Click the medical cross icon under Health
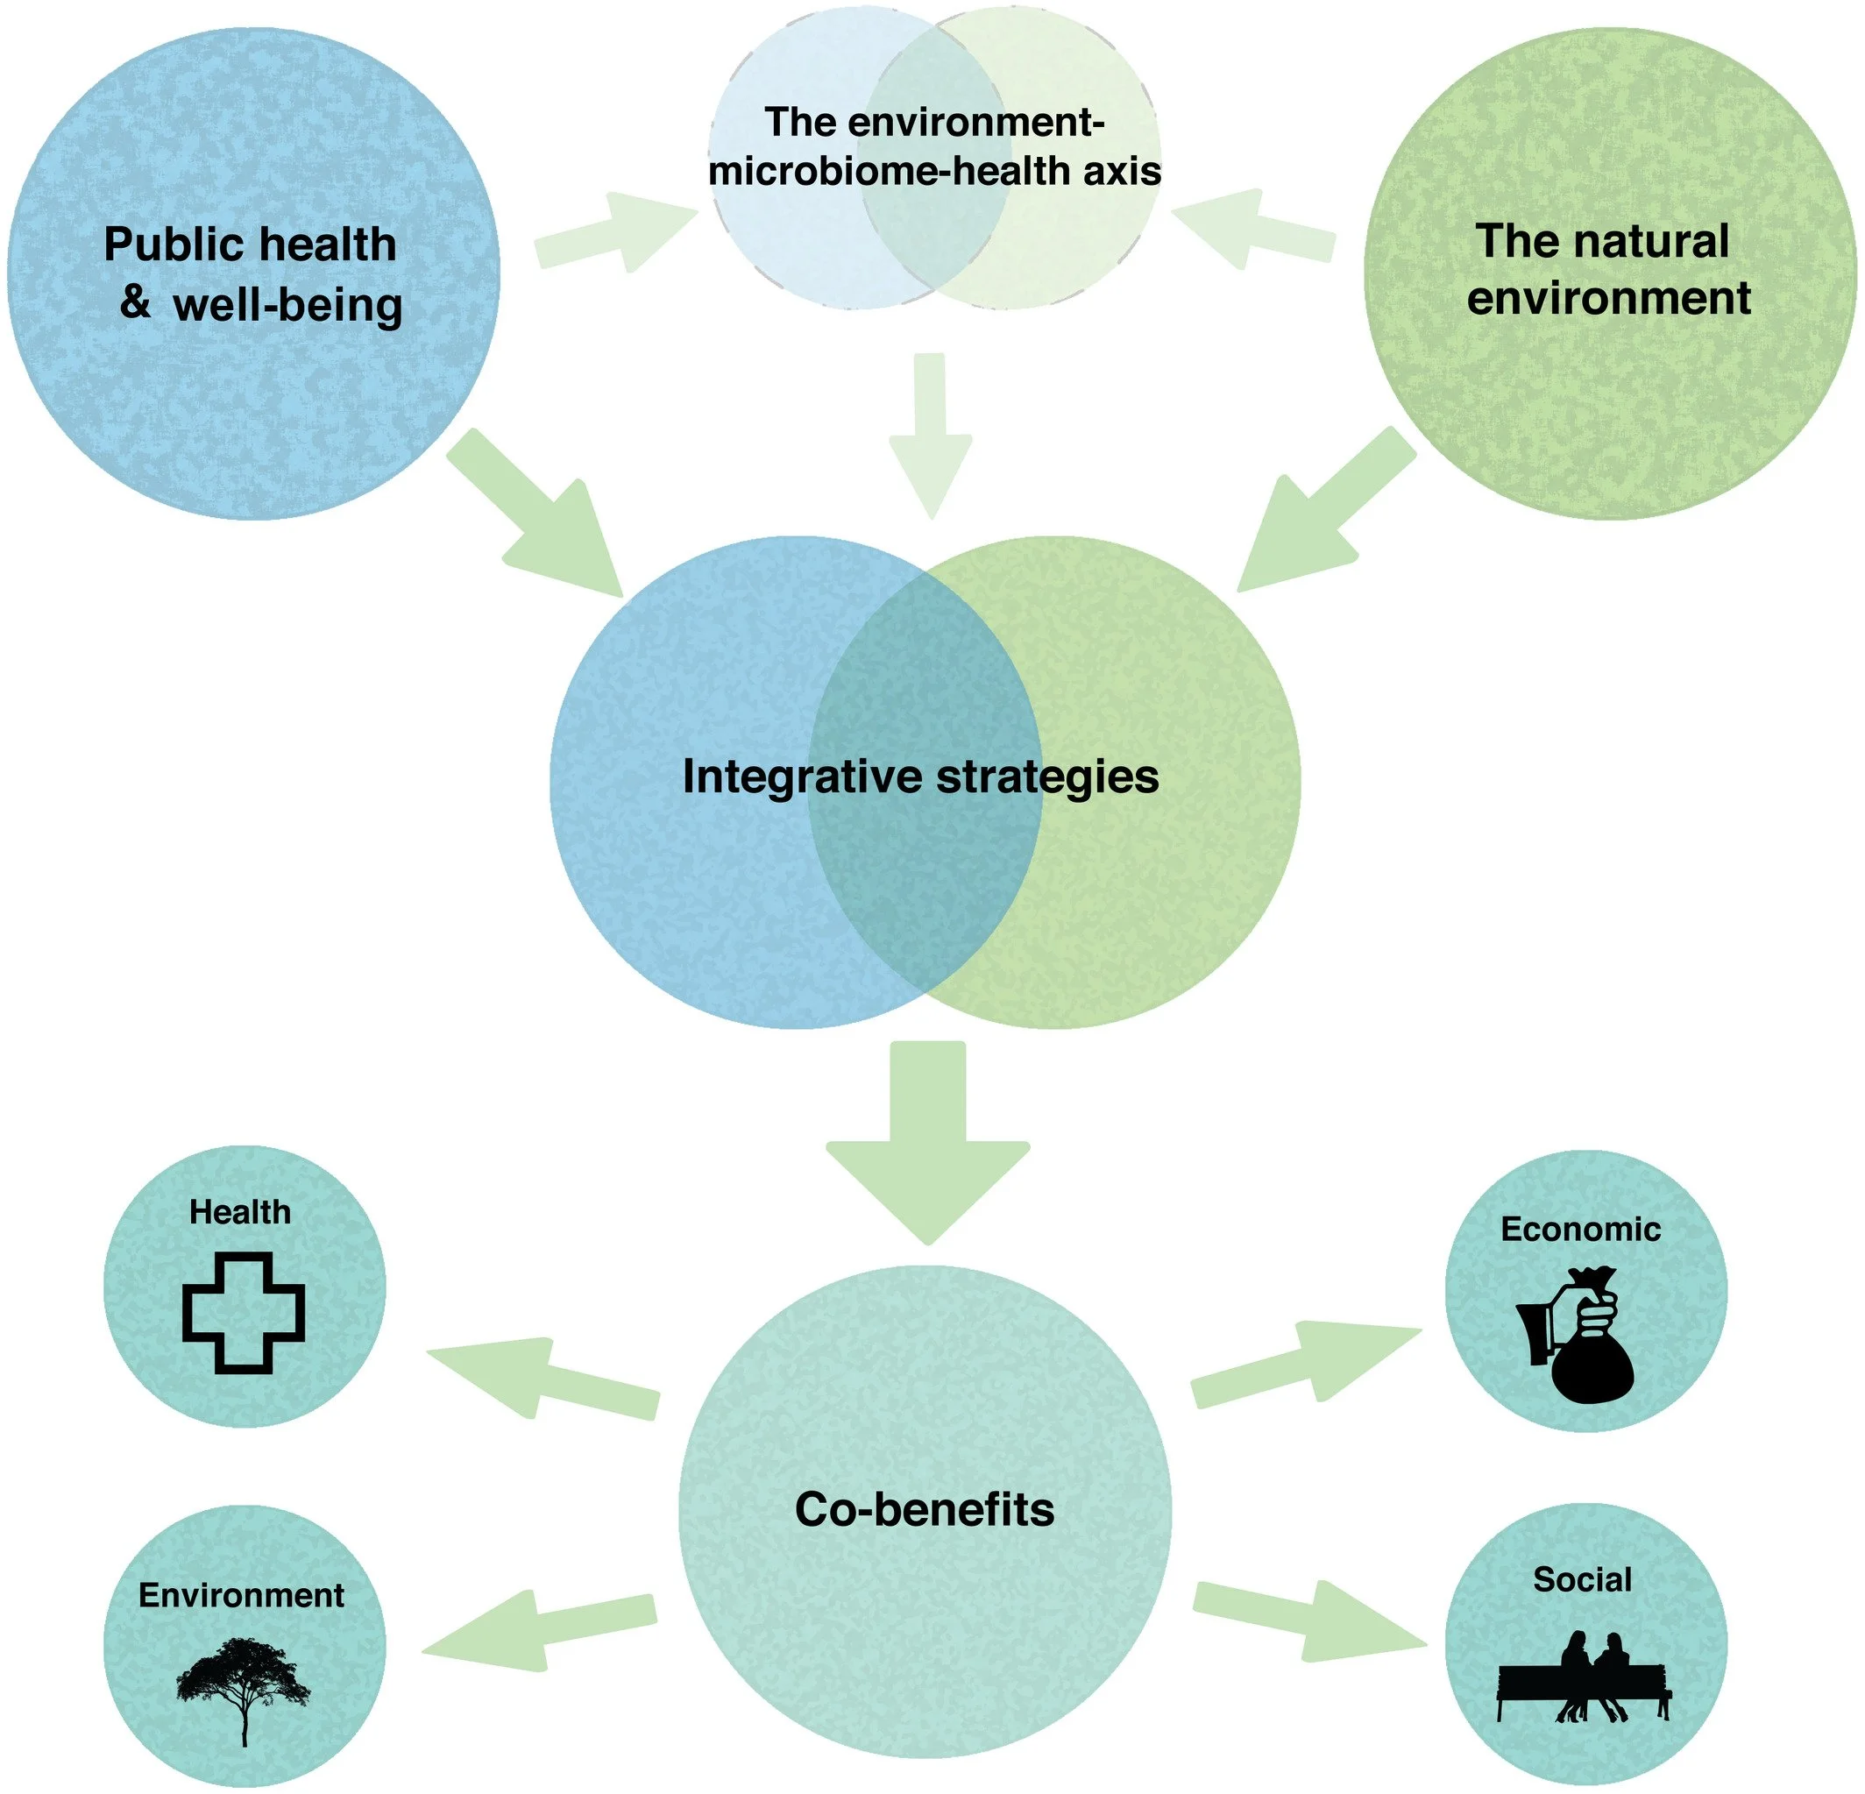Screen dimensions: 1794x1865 coord(244,1313)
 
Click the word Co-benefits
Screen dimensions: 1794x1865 coord(924,1509)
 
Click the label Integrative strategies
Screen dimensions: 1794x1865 coord(920,776)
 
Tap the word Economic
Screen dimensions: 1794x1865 coord(1580,1229)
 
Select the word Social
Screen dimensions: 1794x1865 coord(1583,1580)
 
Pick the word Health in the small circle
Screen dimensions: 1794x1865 coord(240,1211)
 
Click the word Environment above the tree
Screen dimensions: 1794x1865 coord(241,1594)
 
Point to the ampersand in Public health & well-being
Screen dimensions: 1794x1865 coord(134,302)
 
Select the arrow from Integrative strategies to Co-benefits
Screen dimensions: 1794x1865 coord(928,1142)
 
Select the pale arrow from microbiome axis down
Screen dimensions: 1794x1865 coord(930,433)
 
